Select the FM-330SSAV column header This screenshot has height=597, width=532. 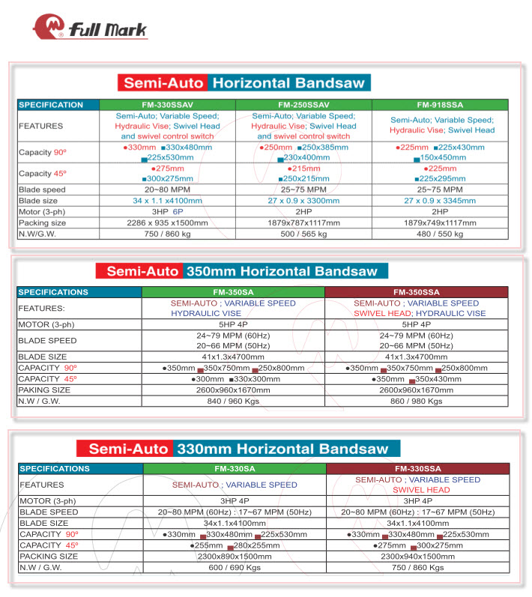167,105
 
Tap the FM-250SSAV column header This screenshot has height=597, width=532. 303,105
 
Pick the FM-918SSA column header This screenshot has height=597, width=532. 441,105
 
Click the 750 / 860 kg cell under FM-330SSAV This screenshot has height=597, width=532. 167,234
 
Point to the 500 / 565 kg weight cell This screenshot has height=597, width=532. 303,234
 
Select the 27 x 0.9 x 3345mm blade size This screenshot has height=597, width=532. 441,201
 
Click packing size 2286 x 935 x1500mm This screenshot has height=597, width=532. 167,222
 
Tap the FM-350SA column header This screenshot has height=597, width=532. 232,292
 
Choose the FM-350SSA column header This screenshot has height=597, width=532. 416,292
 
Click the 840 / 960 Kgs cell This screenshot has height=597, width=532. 232,401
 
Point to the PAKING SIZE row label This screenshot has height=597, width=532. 45,390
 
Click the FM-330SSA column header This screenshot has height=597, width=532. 417,469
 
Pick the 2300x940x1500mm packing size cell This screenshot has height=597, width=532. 417,557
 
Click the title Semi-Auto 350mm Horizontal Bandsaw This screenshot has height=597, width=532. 242,271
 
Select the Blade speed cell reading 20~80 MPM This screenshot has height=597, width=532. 167,190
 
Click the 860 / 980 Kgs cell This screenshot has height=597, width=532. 416,401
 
